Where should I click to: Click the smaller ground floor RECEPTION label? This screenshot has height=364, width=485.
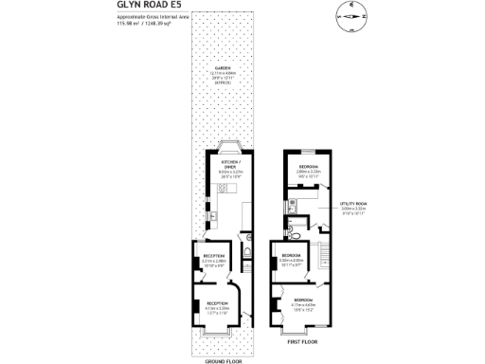(213, 256)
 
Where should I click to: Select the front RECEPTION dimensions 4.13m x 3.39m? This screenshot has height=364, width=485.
(218, 308)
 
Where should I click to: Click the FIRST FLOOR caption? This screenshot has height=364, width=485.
(301, 340)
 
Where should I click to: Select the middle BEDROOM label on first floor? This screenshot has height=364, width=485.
(291, 255)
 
